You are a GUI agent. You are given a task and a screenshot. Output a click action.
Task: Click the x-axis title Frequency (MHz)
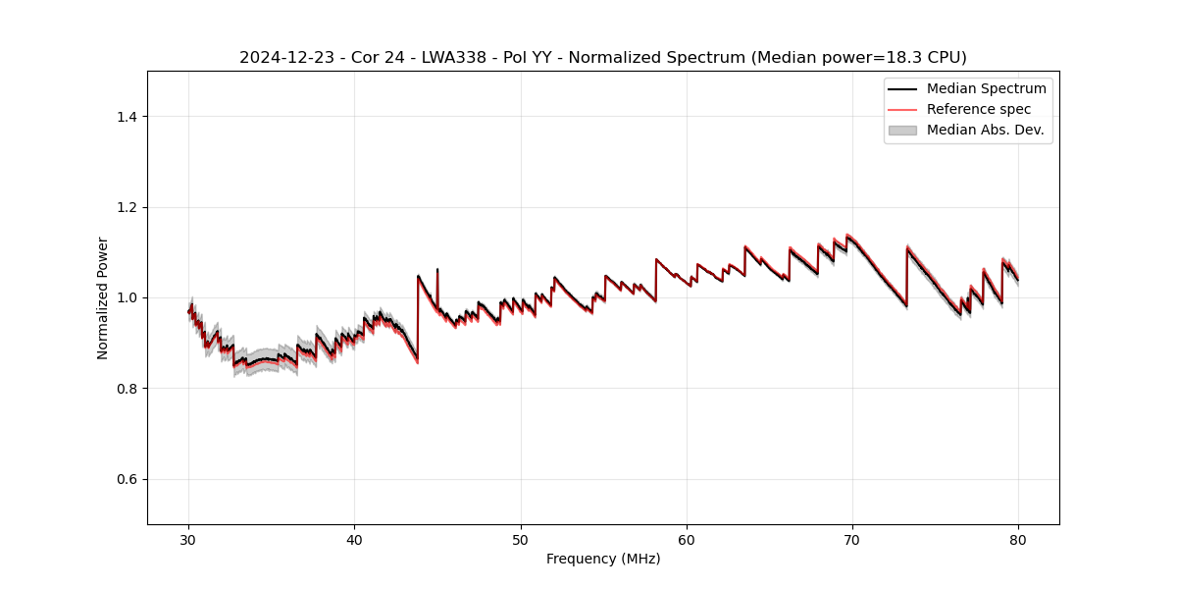click(x=603, y=559)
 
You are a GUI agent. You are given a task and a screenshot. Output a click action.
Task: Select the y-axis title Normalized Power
click(x=102, y=297)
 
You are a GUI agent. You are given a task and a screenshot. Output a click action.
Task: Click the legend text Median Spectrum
click(x=986, y=88)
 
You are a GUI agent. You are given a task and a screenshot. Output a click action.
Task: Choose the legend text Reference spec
click(x=978, y=109)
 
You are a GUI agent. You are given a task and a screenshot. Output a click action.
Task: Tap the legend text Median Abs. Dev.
click(x=985, y=130)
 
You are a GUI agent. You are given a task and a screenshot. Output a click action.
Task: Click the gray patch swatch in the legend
click(x=902, y=130)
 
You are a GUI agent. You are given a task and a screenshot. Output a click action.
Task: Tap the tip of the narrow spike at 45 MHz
click(x=437, y=269)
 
